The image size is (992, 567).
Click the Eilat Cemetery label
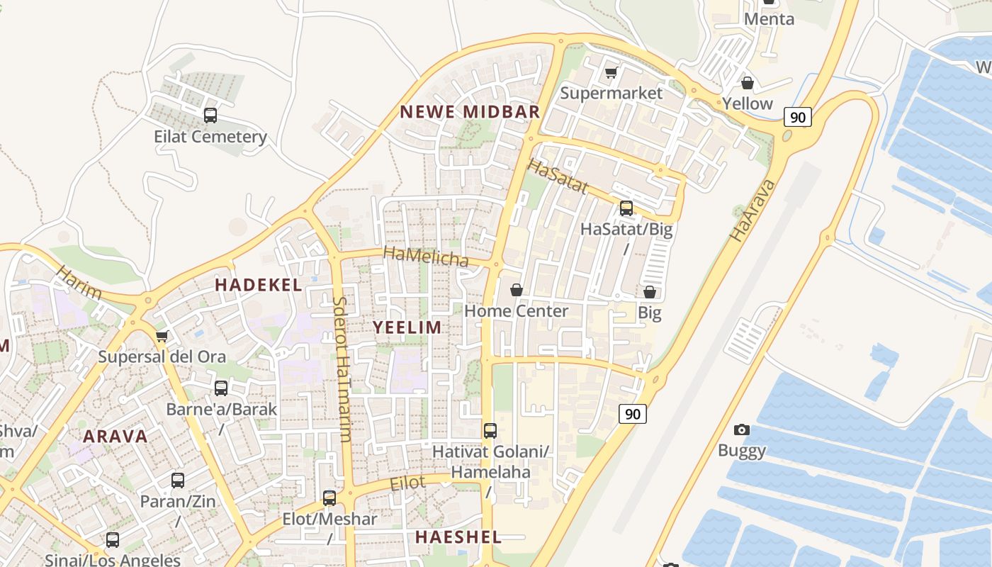pos(210,137)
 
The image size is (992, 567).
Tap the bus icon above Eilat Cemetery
pos(210,115)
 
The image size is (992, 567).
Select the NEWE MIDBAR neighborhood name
pos(470,111)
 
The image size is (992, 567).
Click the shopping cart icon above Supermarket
pos(611,72)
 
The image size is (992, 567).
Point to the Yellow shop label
pos(748,103)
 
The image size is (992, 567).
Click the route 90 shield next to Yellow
pos(797,117)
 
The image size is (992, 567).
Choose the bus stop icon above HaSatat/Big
pos(626,208)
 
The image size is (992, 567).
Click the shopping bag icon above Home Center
pos(517,290)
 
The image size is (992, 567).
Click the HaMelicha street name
pos(426,257)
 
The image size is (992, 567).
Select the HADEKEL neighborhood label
pos(259,285)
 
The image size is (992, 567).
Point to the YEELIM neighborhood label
pos(407,327)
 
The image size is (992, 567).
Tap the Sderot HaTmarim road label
pos(342,369)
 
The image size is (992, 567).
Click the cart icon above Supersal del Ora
pos(162,336)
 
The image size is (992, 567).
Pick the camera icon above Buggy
pos(742,430)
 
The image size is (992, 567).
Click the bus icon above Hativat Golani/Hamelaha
pos(490,430)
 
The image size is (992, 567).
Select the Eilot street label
pos(408,483)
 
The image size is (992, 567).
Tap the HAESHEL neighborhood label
pos(458,537)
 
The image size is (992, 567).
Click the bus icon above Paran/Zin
pos(178,480)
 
